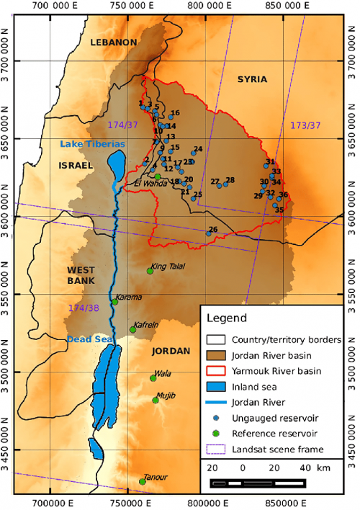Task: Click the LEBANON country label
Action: coord(113,42)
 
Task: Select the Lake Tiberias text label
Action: coord(92,144)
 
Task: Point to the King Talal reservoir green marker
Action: coord(150,271)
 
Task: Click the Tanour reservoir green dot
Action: coord(143,482)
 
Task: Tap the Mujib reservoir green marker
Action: coord(156,401)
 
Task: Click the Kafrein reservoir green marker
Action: coord(133,330)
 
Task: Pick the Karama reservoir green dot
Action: coord(114,302)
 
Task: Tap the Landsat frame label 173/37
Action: coord(305,125)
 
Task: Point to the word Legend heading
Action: coord(227,318)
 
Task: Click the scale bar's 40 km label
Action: coord(305,488)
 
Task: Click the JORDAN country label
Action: coord(171,351)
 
